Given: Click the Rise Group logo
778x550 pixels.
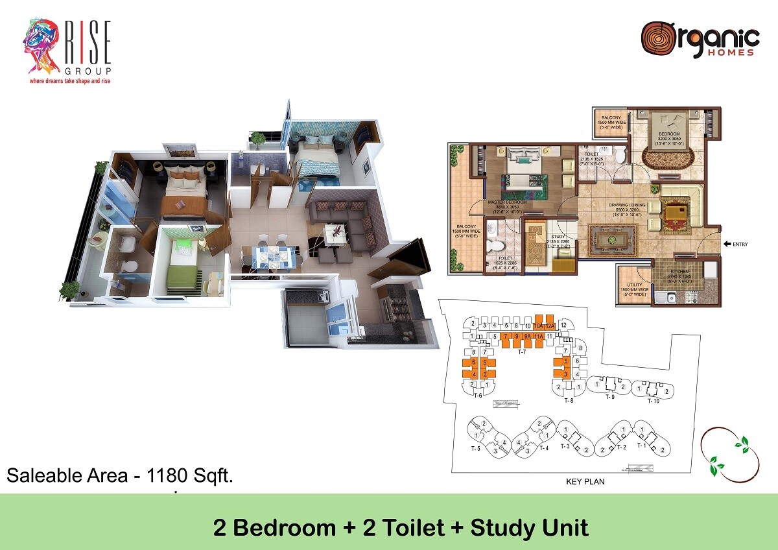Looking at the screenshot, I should pyautogui.click(x=67, y=52).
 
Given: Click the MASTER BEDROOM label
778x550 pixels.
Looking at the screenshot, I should pyautogui.click(x=507, y=202).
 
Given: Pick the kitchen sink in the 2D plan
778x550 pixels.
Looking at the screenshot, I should pyautogui.click(x=666, y=299).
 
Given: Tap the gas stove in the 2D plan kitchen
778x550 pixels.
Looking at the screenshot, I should pyautogui.click(x=693, y=298).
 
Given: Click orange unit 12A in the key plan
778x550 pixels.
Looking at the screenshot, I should pyautogui.click(x=550, y=326).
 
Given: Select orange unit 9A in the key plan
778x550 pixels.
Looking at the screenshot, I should pyautogui.click(x=528, y=337).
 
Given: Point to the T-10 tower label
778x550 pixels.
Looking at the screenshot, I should pyautogui.click(x=653, y=401).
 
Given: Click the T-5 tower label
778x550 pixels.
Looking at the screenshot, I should pyautogui.click(x=476, y=448).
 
